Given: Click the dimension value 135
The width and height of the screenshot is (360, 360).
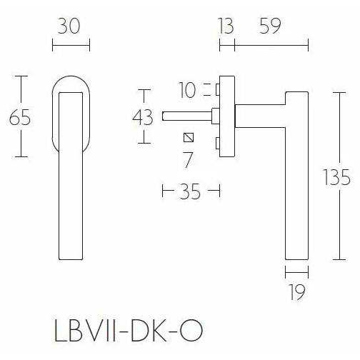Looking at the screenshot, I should coord(336,176).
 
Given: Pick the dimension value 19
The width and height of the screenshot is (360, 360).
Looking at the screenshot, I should coord(298,291).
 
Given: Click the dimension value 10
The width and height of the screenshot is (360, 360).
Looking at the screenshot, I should coord(189,90).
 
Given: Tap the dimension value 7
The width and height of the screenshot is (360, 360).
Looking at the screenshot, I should coord(188,159).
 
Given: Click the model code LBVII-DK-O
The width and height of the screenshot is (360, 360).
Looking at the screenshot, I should coord(127,332).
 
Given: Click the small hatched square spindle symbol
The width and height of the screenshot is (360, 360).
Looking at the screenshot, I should coord(188,137).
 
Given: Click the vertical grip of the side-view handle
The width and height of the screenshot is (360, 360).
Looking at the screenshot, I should coord(296,179).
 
